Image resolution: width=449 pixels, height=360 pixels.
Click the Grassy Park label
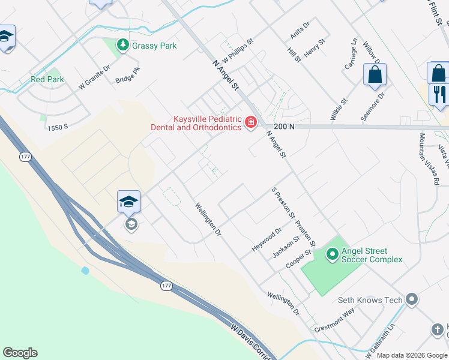pos(154,46)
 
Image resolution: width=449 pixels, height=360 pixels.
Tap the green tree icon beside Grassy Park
pos(123,45)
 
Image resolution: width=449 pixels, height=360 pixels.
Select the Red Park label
pos(47,79)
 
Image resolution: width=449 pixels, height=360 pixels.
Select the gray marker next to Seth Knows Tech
pos(411,299)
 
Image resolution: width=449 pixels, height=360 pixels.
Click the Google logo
pos(20,353)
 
